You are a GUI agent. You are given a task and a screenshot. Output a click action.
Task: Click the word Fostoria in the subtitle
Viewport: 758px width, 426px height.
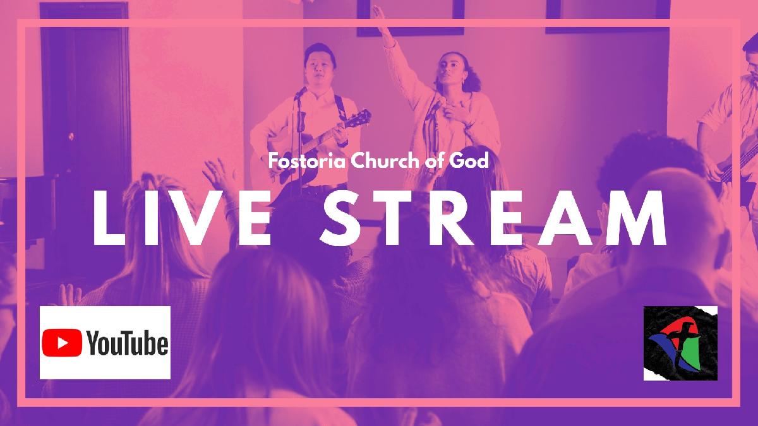click(306, 161)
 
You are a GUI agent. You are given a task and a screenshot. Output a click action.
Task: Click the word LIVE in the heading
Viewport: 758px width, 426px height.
click(182, 218)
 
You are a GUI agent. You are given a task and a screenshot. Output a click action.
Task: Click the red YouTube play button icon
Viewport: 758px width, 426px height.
click(62, 343)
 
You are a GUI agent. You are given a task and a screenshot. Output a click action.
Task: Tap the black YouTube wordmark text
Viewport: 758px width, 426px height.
click(128, 343)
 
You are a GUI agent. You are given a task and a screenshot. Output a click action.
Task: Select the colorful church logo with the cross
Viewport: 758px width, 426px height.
click(680, 343)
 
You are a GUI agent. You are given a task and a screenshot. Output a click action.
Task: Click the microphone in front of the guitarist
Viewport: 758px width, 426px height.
click(301, 92)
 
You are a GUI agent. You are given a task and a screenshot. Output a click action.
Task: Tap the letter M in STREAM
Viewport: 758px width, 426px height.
click(635, 218)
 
